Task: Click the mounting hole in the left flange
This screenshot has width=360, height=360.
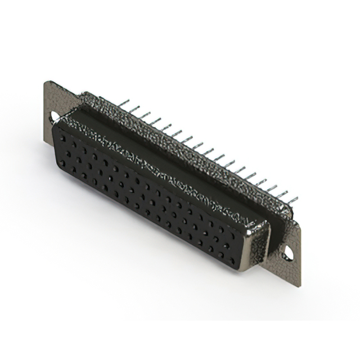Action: (55, 117)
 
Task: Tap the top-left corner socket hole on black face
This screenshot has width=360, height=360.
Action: (61, 134)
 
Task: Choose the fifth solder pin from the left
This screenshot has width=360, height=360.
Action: (167, 128)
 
